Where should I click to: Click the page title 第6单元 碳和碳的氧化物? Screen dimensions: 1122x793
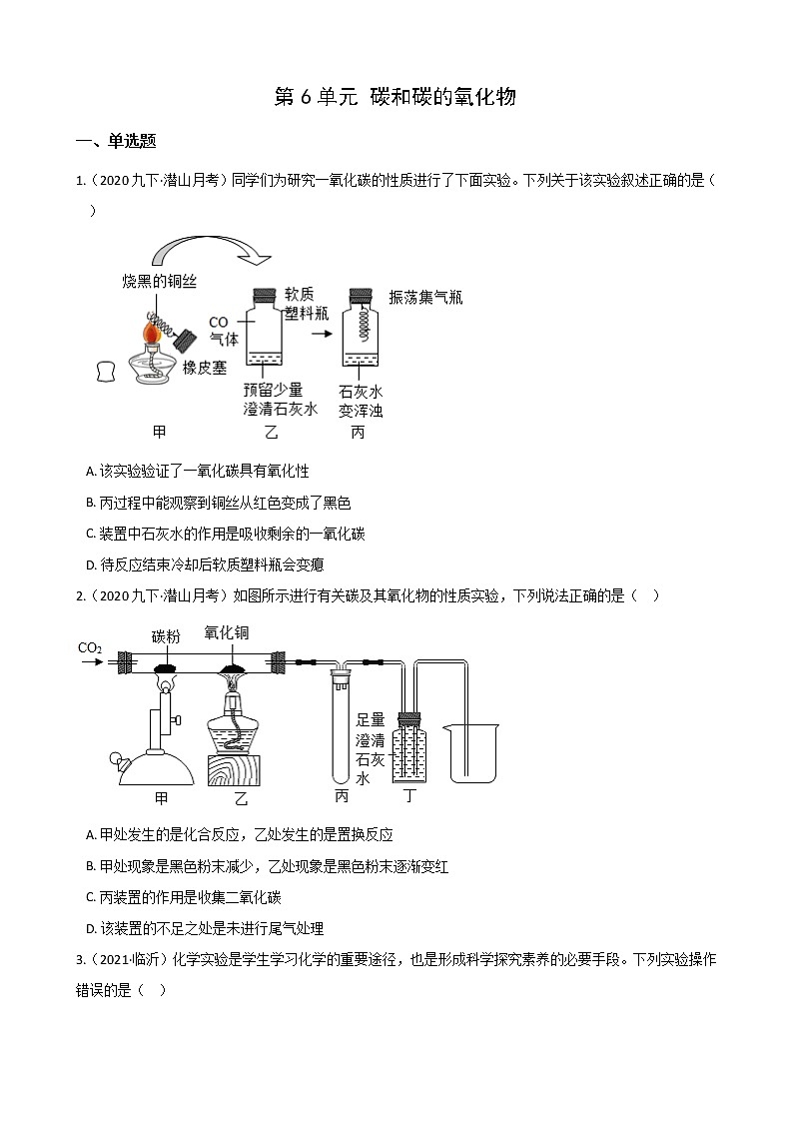click(x=395, y=97)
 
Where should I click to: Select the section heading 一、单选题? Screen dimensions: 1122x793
click(x=115, y=141)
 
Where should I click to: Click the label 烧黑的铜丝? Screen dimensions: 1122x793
click(x=159, y=283)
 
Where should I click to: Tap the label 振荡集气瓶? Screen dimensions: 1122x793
click(x=425, y=298)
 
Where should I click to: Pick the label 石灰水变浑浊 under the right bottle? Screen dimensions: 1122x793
click(x=361, y=401)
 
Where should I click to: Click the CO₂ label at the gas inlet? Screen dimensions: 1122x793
click(x=90, y=648)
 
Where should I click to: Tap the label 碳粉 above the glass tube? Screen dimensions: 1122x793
click(x=166, y=635)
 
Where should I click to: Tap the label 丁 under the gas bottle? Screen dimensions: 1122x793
click(x=407, y=795)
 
